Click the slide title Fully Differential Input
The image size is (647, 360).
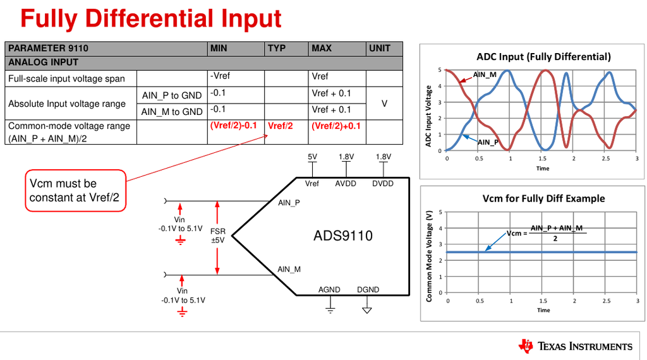(x=150, y=18)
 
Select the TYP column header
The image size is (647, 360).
(x=277, y=48)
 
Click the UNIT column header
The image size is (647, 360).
(x=379, y=48)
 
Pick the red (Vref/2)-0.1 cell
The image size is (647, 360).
(x=233, y=125)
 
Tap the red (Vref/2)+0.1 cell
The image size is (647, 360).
(x=336, y=125)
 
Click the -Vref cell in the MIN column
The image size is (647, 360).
(x=221, y=76)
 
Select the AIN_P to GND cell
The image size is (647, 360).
(x=172, y=95)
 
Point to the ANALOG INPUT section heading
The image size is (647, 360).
(x=43, y=62)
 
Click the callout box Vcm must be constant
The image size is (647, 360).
(x=75, y=191)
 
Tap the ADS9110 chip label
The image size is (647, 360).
(x=343, y=236)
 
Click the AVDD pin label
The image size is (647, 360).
(x=346, y=184)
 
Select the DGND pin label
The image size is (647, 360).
(x=368, y=290)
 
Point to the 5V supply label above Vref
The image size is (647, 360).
(x=312, y=157)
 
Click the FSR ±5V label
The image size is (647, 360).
(x=218, y=236)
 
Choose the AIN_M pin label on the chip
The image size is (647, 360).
(x=289, y=270)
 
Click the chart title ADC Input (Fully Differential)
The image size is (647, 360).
(x=543, y=57)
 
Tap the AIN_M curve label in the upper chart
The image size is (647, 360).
(x=485, y=75)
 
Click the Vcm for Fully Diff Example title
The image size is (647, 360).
(x=543, y=198)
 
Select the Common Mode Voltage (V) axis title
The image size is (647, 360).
(x=430, y=256)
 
